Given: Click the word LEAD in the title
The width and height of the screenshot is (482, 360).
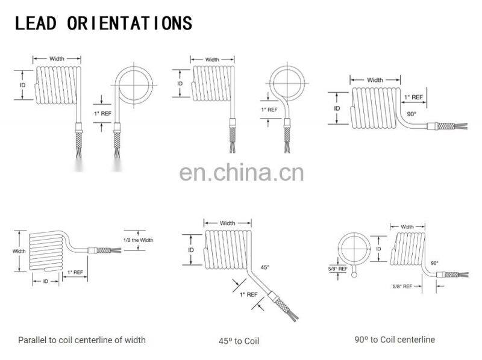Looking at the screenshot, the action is (35, 23).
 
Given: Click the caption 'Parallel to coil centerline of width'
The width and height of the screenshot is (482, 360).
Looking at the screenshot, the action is (82, 340).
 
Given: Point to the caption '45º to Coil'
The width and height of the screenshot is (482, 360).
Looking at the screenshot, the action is (239, 341).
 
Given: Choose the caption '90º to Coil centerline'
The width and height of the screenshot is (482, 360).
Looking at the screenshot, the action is (395, 340).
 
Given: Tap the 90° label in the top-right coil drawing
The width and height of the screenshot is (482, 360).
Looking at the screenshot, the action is (412, 113).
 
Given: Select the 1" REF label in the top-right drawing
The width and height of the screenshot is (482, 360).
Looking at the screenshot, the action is (413, 96).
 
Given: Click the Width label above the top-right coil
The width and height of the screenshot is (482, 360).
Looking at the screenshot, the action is (375, 79).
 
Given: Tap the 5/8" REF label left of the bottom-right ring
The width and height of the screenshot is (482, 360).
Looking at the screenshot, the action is (337, 268).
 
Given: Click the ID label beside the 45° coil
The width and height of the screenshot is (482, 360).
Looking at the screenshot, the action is (191, 249).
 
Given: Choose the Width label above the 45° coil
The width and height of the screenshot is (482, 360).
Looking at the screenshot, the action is (227, 223).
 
